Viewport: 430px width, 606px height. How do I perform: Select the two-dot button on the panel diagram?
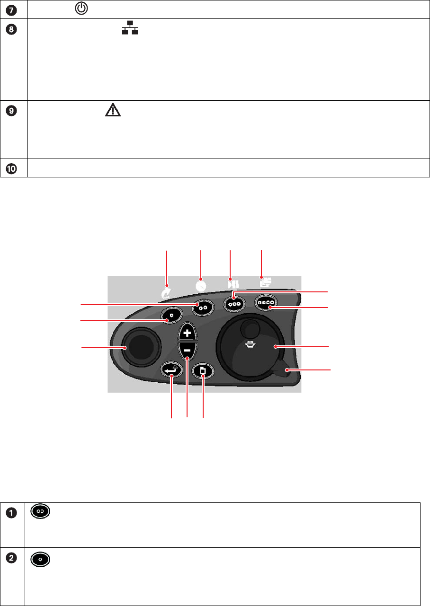tap(203, 307)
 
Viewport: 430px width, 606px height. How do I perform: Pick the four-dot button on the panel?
tap(266, 302)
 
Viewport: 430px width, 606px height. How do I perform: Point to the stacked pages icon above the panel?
tap(265, 283)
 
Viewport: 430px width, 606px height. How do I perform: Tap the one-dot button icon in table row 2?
tap(40, 559)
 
